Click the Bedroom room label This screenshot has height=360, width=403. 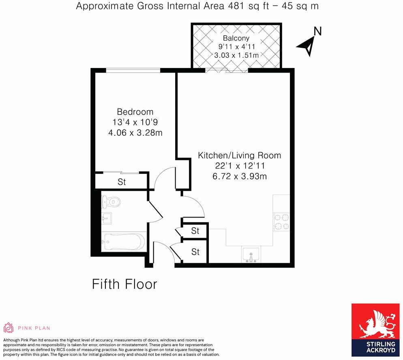[x=135, y=112]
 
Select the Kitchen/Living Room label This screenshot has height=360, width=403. [x=239, y=155]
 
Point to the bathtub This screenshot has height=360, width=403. [x=123, y=243]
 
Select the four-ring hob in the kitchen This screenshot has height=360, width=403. [x=281, y=222]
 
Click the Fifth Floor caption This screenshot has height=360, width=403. [x=124, y=284]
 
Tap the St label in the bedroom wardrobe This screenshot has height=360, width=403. [x=122, y=182]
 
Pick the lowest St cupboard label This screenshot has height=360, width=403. [x=195, y=252]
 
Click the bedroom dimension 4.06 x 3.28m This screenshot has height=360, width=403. [x=135, y=132]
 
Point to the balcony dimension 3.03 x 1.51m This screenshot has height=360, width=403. [x=236, y=55]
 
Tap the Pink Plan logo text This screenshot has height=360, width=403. [x=34, y=328]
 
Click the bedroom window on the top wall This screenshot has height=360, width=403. [x=133, y=70]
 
